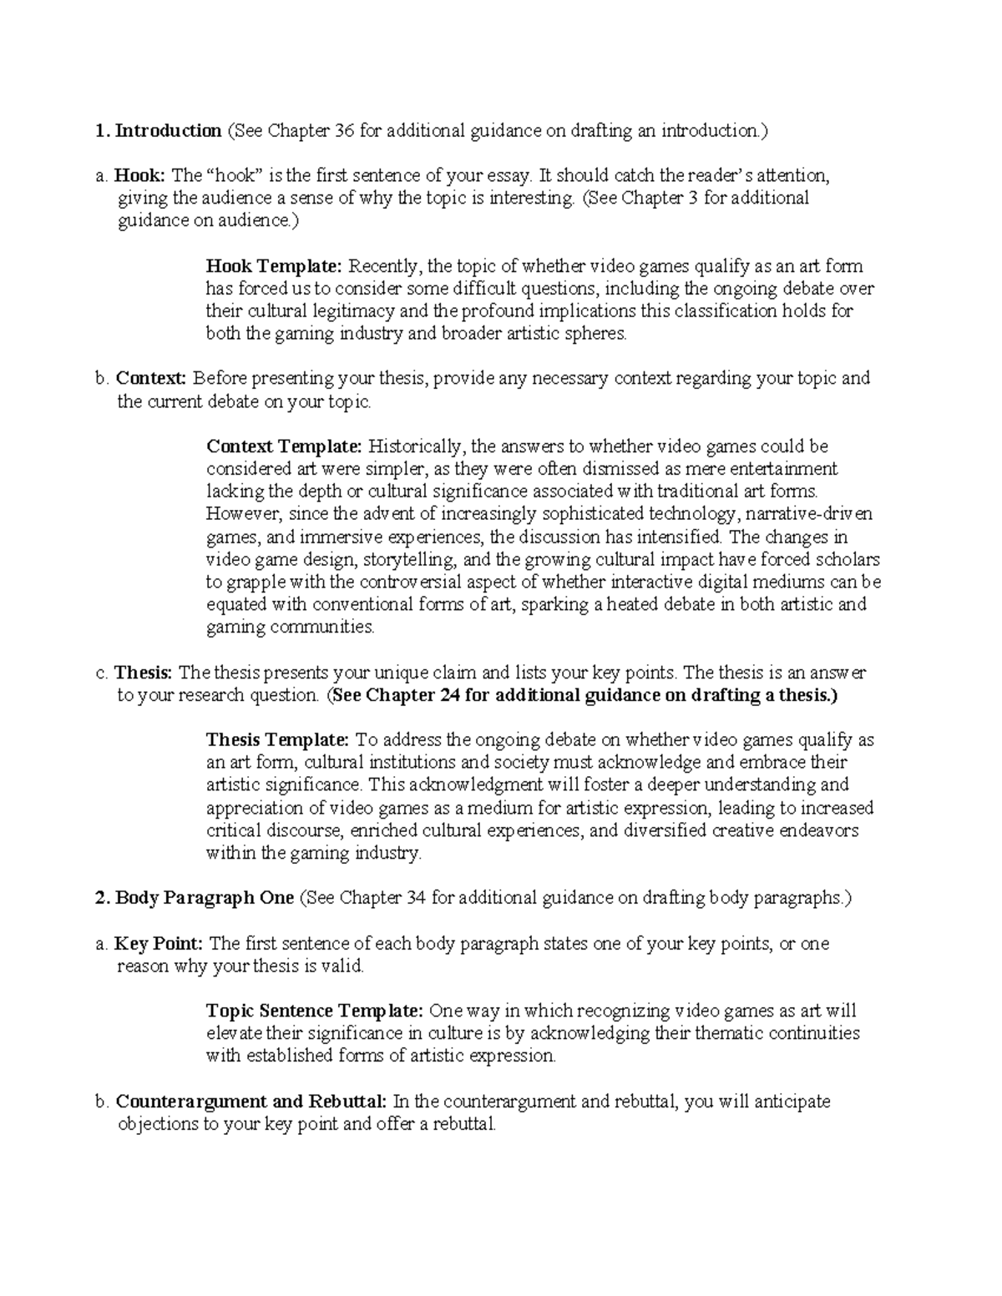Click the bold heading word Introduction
(168, 130)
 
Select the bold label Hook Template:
(274, 266)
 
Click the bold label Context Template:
(284, 446)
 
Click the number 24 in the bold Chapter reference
(448, 695)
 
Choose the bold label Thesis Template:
(277, 739)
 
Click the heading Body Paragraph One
(205, 898)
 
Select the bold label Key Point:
(158, 944)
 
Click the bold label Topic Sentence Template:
(315, 1011)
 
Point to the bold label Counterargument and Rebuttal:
(250, 1102)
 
